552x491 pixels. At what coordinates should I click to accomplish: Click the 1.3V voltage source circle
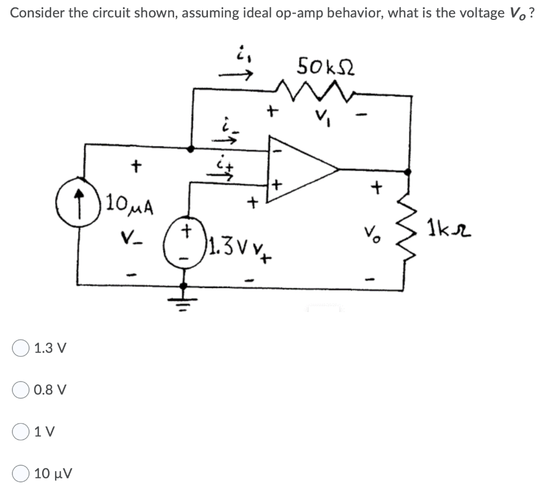(x=184, y=236)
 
